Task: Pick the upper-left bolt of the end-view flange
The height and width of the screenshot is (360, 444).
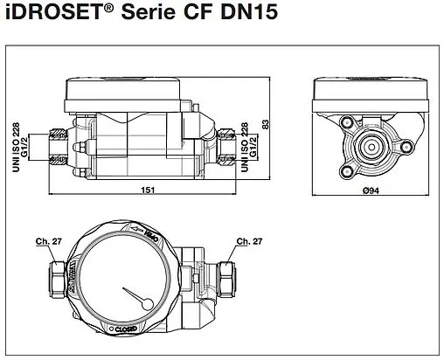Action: coord(348,122)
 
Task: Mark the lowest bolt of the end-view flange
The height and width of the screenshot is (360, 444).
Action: coord(355,166)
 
